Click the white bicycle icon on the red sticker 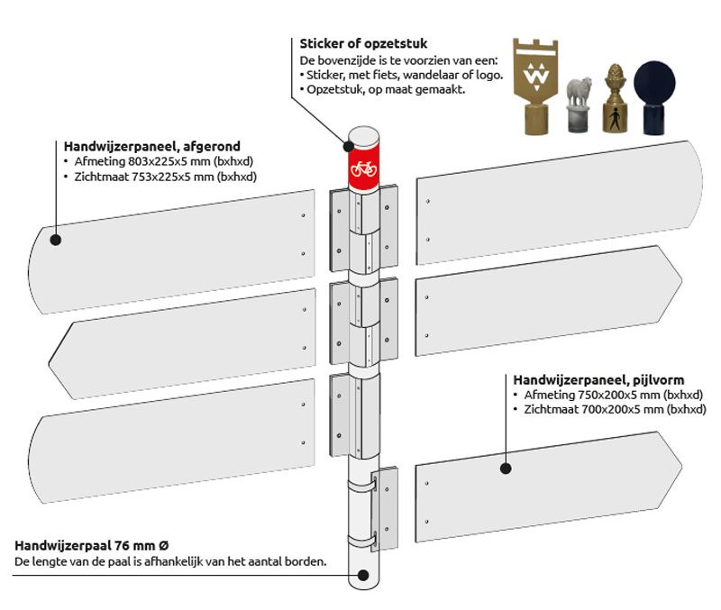click(x=363, y=168)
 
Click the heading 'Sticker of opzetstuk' click(x=363, y=43)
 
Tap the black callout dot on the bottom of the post click(x=363, y=574)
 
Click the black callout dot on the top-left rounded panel click(x=56, y=240)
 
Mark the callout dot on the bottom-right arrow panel click(x=506, y=469)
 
